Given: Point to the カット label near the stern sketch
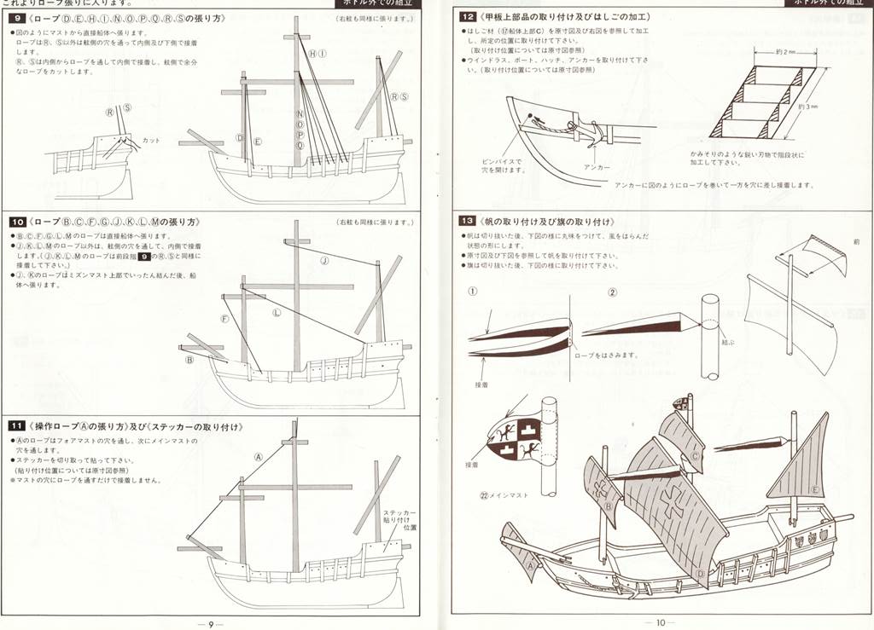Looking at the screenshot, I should tap(150, 140).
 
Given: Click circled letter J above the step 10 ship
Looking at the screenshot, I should tap(324, 260).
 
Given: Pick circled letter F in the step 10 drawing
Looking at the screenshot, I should tap(225, 319).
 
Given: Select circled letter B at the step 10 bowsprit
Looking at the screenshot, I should tap(189, 360).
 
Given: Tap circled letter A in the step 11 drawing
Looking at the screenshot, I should tap(257, 456).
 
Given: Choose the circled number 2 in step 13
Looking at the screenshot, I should tap(611, 292).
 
